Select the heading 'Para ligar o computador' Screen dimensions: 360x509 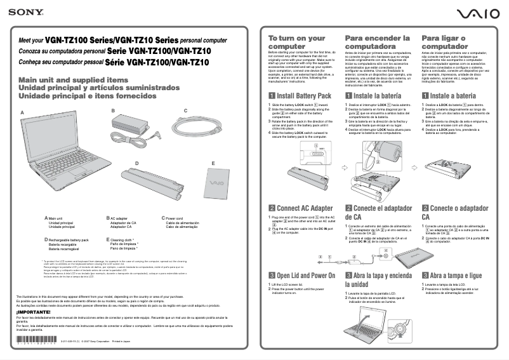(448, 43)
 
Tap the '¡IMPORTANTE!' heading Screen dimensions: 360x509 (38, 312)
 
